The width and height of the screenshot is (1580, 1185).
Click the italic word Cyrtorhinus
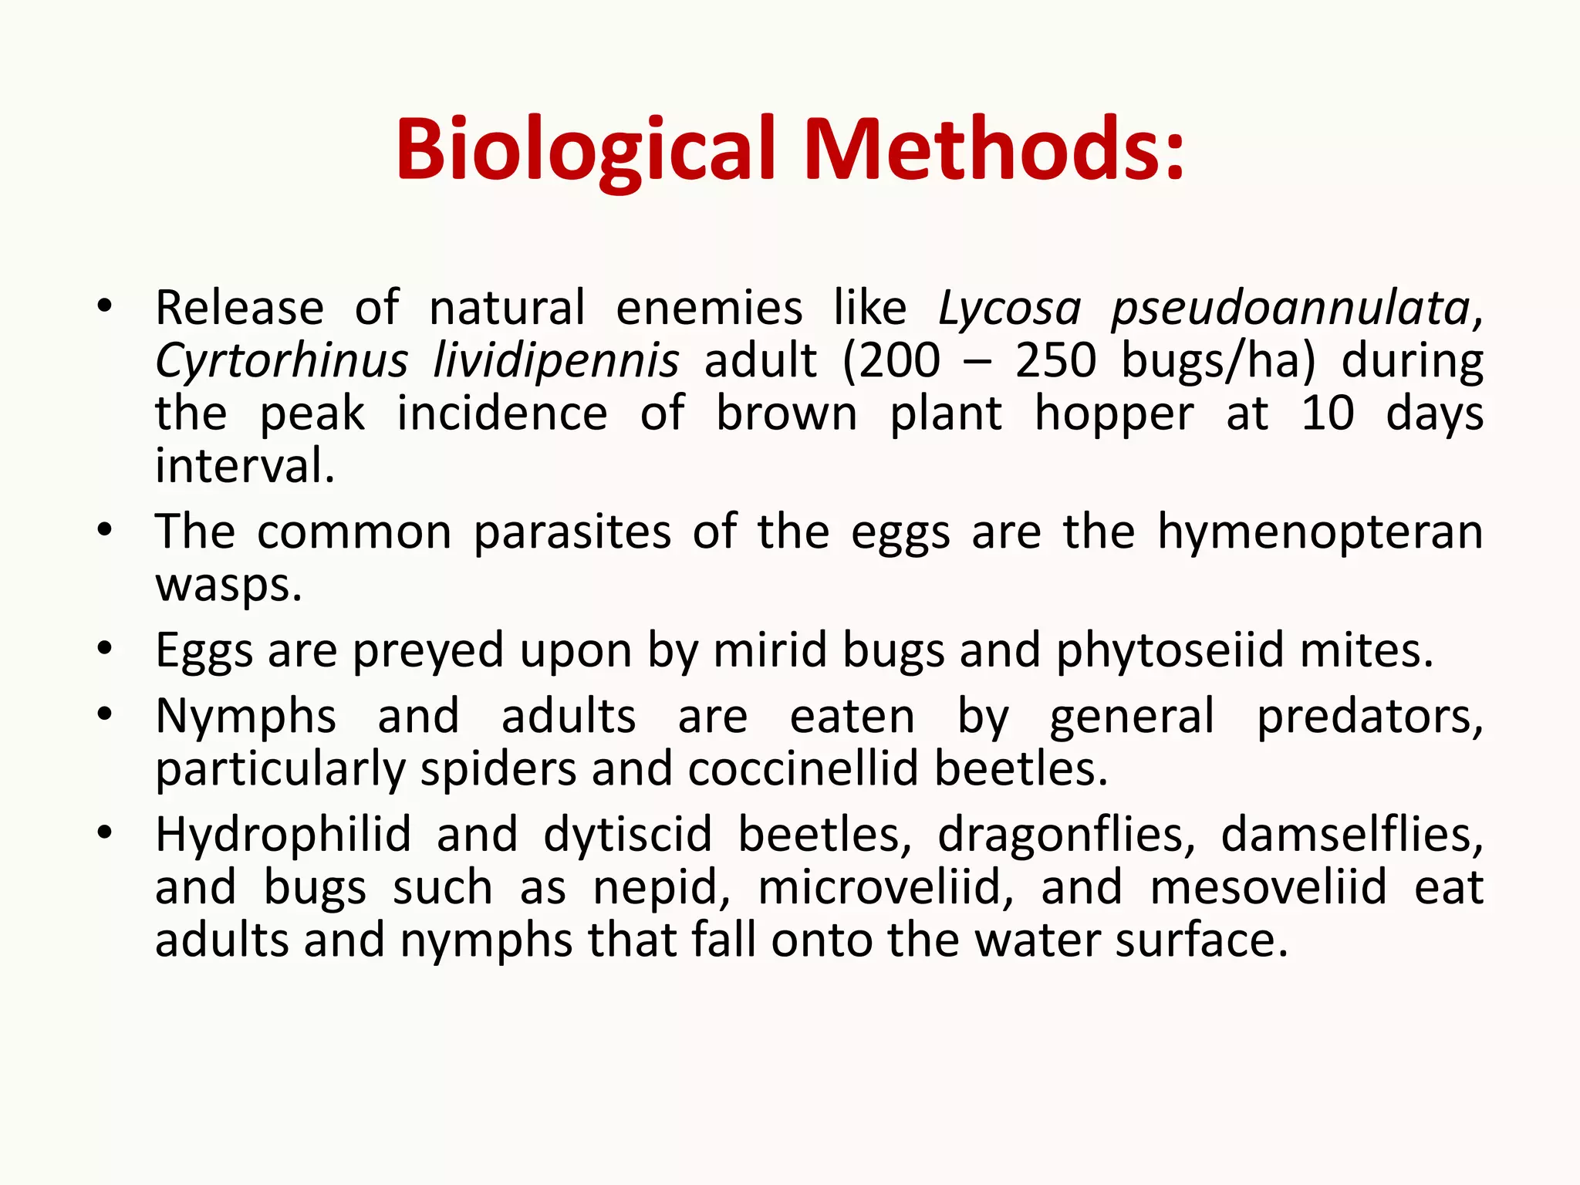coord(282,361)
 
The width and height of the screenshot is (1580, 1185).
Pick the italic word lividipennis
coord(556,361)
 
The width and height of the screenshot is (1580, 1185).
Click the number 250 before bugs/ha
coord(1055,361)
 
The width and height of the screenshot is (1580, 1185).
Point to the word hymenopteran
coord(1320,533)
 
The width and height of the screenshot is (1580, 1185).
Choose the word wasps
coord(228,585)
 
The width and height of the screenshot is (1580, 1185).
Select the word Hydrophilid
coord(283,835)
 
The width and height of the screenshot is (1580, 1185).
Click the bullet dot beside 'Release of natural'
coord(105,306)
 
